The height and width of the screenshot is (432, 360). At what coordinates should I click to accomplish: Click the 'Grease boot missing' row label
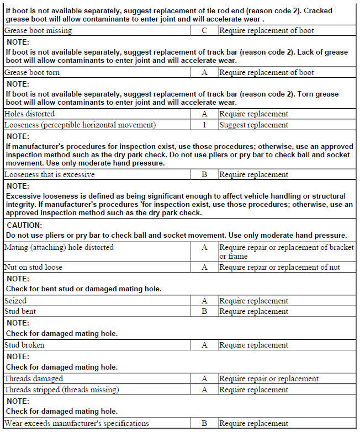click(x=38, y=30)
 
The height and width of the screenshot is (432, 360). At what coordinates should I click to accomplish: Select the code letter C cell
click(x=204, y=30)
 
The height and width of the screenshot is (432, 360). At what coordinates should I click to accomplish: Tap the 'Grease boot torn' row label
click(x=32, y=72)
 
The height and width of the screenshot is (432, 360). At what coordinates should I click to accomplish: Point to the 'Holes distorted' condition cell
click(x=30, y=114)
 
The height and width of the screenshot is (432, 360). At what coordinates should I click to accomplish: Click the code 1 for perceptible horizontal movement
click(x=204, y=125)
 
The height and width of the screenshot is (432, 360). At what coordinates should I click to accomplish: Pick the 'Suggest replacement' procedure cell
click(x=253, y=125)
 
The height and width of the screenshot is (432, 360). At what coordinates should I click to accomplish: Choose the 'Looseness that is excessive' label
click(x=50, y=174)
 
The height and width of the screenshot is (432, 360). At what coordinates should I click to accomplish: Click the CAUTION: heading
click(x=25, y=225)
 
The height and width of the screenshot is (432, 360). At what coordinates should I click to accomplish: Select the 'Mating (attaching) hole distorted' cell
click(x=59, y=247)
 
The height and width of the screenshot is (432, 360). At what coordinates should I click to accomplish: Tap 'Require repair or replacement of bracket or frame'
click(x=286, y=252)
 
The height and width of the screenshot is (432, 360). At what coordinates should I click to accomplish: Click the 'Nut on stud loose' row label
click(x=33, y=267)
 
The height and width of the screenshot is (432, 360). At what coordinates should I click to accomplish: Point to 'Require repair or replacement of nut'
click(x=279, y=267)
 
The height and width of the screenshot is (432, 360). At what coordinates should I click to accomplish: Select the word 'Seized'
click(x=15, y=301)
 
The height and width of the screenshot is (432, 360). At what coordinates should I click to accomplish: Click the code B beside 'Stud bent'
click(x=204, y=311)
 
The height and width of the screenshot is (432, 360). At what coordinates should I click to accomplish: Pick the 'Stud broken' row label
click(x=25, y=345)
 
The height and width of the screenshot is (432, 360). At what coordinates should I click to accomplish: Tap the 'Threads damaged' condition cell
click(x=34, y=378)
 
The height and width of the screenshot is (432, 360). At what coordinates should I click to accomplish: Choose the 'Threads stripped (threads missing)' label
click(x=61, y=390)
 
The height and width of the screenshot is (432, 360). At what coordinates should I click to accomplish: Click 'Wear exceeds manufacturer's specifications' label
click(x=77, y=423)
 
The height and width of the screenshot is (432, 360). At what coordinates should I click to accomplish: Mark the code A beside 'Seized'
click(x=204, y=301)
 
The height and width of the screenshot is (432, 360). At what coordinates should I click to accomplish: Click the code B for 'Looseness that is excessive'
click(x=204, y=174)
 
